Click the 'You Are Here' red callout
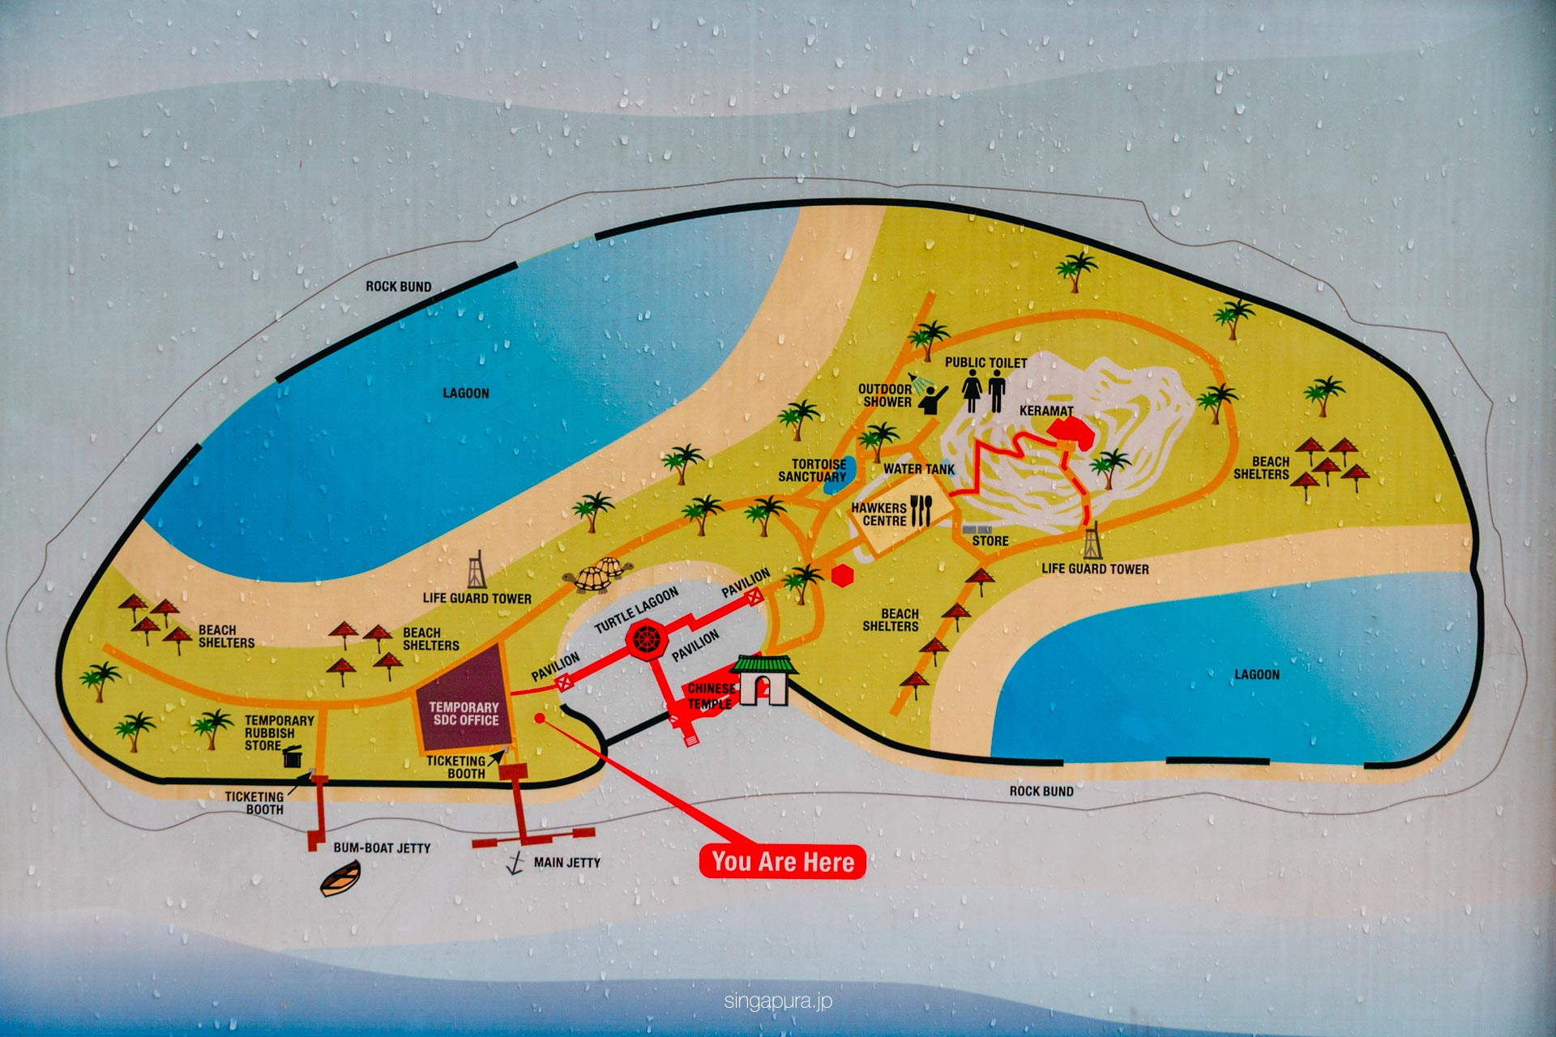[x=782, y=861]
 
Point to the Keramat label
[x=1045, y=411]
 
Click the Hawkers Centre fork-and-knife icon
[x=921, y=510]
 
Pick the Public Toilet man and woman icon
[x=984, y=391]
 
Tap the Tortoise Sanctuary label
[x=812, y=471]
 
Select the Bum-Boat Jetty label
[x=382, y=847]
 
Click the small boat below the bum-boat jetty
[x=340, y=879]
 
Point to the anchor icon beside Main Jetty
[x=515, y=864]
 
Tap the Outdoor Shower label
[x=885, y=395]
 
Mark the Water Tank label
[x=919, y=468]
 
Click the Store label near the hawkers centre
[x=990, y=540]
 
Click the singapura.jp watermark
[x=778, y=1001]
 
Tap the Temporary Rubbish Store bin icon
[x=293, y=757]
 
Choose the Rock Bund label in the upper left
[x=398, y=286]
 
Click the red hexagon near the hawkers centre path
[x=843, y=575]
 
